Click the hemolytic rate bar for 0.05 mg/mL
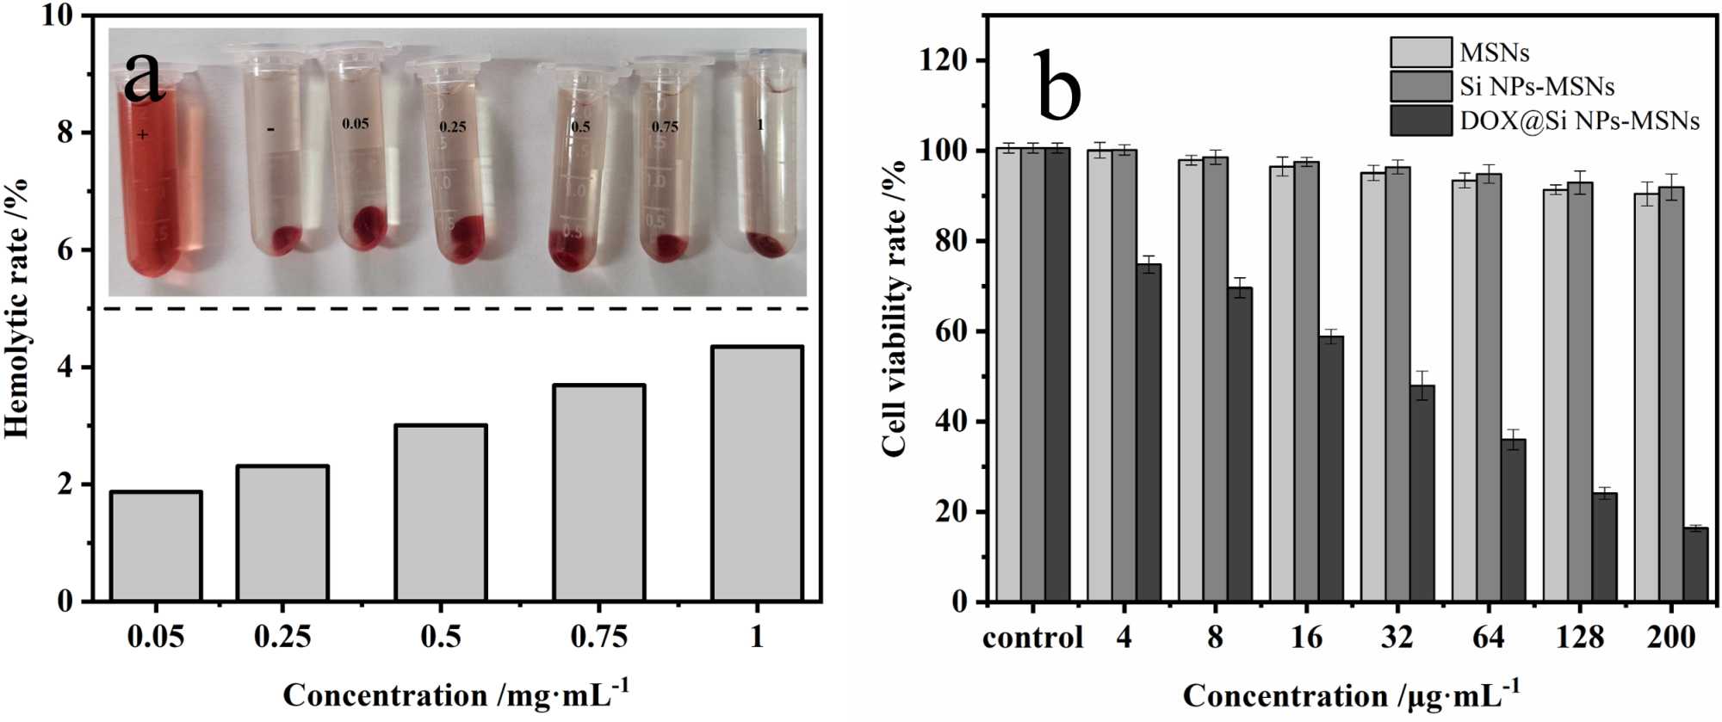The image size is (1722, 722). click(x=156, y=546)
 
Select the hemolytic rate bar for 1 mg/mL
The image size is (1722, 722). click(x=757, y=473)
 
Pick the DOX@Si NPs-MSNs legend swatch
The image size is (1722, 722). click(x=1421, y=120)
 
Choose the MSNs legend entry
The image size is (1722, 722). click(x=1494, y=52)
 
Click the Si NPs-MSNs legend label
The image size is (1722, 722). click(x=1537, y=87)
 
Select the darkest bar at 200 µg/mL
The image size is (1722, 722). click(x=1695, y=565)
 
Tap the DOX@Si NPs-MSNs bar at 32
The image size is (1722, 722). click(x=1422, y=493)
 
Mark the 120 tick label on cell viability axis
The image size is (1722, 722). click(x=940, y=61)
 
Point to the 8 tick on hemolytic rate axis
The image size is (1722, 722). click(x=64, y=133)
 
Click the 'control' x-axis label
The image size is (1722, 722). click(x=1032, y=638)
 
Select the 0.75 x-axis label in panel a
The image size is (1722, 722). click(x=598, y=637)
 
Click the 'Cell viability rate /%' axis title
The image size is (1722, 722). click(x=895, y=308)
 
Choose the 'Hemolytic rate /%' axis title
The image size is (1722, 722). click(x=18, y=308)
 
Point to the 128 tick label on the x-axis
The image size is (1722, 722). click(x=1580, y=638)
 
